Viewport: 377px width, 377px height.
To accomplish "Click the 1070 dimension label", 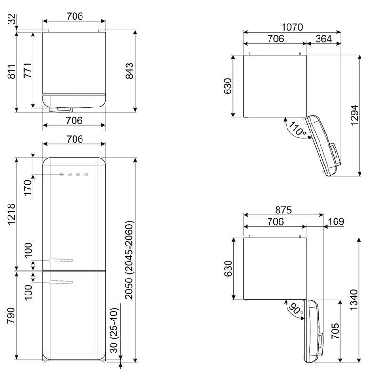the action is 292,27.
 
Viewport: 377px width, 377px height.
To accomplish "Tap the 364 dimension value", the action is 324,39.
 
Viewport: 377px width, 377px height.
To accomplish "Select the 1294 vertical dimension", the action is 354,115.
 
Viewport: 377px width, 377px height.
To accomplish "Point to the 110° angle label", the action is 297,128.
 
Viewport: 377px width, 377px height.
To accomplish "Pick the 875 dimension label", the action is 284,210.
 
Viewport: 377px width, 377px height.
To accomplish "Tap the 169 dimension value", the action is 336,221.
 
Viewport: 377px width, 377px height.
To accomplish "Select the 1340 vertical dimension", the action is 354,300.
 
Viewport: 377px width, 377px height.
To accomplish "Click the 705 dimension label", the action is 336,331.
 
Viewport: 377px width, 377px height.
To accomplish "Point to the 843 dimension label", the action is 129,71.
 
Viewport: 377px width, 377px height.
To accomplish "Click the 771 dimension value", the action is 27,70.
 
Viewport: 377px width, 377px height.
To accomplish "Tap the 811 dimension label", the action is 11,72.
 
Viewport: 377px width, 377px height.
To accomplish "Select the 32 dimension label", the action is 12,19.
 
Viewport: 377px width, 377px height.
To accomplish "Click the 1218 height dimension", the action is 11,214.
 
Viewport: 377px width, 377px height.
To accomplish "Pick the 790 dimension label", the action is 11,315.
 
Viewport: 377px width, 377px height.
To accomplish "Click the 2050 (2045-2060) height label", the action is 129,261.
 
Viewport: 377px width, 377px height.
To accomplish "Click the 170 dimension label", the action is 28,188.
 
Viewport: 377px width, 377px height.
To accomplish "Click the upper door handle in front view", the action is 61,260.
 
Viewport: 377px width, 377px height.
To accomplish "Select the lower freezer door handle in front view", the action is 61,282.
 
